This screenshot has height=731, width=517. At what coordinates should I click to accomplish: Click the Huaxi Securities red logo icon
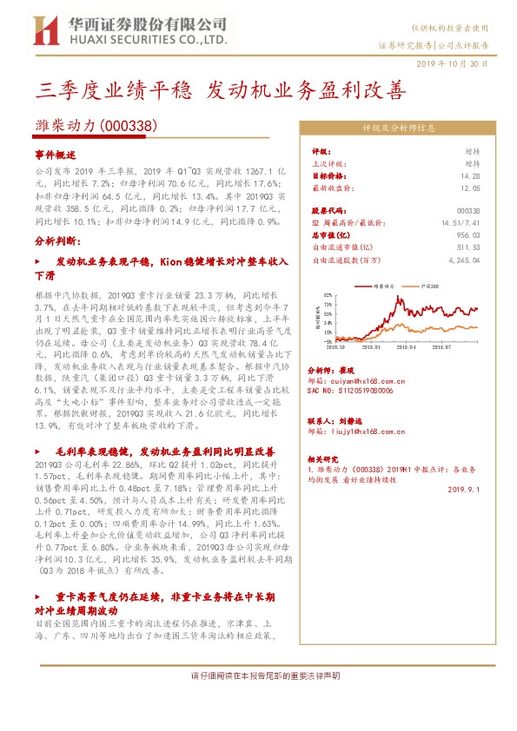[42, 30]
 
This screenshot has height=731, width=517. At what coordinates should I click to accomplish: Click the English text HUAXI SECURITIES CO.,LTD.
[144, 40]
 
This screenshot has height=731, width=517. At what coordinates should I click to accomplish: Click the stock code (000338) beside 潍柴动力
[129, 125]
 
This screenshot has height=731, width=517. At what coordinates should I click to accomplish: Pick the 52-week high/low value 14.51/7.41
[461, 223]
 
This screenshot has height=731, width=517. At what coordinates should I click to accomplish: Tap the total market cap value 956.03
[468, 234]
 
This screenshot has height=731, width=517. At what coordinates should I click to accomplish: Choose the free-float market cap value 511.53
[468, 247]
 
